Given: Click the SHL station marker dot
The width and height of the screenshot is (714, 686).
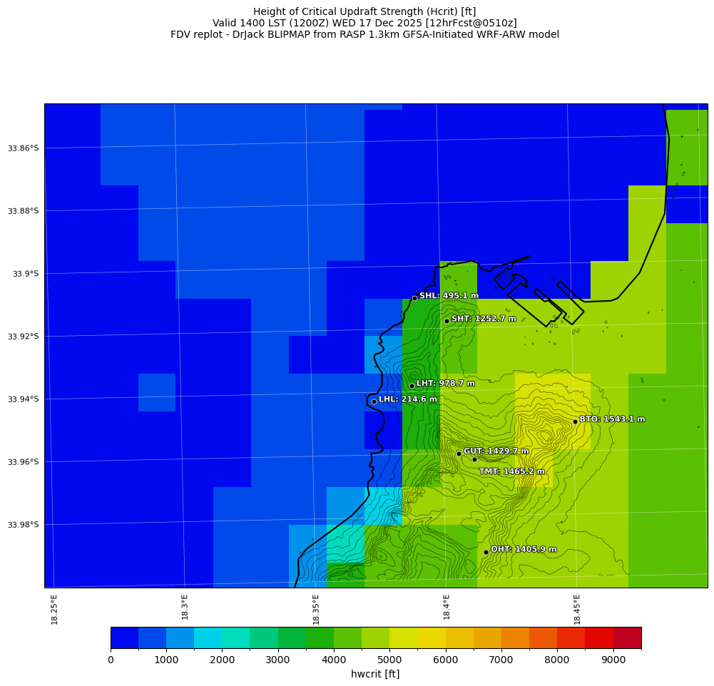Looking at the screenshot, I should point(414,298).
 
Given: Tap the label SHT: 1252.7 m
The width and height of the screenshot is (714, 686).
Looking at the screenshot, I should point(484,319).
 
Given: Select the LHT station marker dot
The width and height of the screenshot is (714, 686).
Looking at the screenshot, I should point(412,386).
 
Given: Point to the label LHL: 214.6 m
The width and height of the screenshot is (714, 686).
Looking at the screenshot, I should point(408,399).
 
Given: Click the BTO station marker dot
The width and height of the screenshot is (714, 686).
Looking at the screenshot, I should point(575,421).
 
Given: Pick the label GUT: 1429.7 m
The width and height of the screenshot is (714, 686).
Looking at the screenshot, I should point(496,451).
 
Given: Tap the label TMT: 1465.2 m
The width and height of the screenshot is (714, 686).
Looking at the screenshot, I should point(511,471).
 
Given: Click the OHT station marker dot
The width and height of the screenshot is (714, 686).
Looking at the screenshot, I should point(486,552).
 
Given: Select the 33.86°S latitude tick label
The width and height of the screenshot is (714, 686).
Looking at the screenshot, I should point(24,148).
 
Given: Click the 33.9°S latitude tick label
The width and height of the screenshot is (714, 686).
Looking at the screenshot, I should point(26,274).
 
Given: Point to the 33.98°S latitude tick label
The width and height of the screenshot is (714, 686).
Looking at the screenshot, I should point(24,525).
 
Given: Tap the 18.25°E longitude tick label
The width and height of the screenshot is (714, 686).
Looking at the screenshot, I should point(55,609).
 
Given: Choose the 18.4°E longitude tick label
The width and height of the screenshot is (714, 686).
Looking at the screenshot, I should point(447,609).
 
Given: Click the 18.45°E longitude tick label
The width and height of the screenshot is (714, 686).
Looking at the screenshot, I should point(577,609).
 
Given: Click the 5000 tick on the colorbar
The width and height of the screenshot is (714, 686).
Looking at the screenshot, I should point(389,660).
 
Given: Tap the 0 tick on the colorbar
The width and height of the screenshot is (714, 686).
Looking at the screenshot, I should point(111,660).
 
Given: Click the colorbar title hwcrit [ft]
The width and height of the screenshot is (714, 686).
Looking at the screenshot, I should point(375,674).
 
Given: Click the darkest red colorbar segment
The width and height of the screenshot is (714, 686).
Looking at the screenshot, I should point(627,638).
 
